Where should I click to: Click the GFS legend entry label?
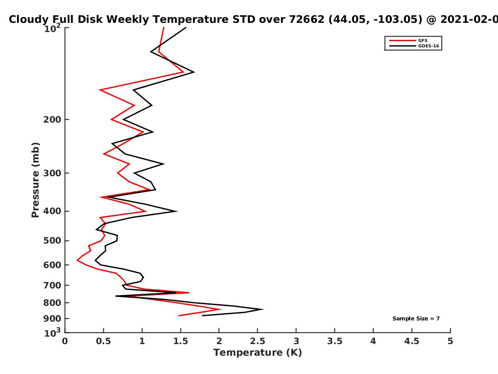422,40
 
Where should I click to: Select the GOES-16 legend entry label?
429,46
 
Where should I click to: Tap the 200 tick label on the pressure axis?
52,119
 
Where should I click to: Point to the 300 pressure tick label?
52,173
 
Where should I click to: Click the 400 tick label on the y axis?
52,211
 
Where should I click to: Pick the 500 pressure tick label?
52,241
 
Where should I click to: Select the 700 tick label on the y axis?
52,285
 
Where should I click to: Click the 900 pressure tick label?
52,318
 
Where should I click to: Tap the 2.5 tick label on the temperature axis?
258,341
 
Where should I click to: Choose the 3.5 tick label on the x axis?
334,341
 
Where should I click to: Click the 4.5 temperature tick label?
412,341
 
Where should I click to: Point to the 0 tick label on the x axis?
65,341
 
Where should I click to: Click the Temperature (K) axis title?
258,353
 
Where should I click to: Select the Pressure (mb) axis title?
35,180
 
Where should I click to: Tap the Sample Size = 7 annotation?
416,318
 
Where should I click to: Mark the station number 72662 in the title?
307,20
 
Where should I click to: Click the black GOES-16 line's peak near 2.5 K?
263,309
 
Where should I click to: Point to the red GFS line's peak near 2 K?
220,309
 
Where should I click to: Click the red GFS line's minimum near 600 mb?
77,260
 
